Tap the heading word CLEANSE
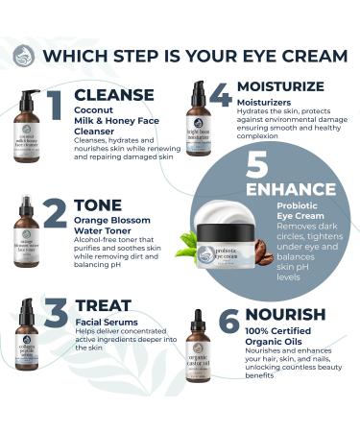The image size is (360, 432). [113, 95]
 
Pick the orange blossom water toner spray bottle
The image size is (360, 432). [26, 235]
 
